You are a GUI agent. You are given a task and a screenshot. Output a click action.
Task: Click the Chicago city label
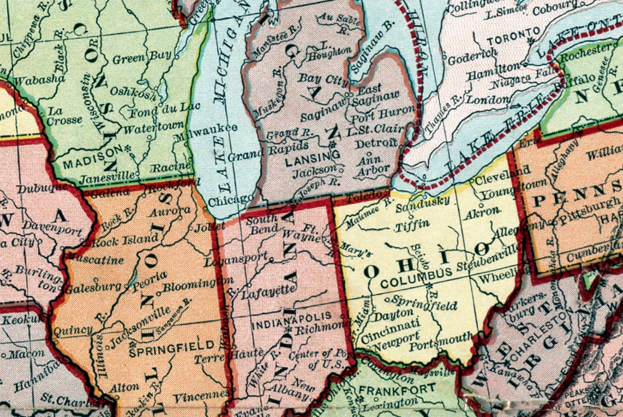(x=230, y=201)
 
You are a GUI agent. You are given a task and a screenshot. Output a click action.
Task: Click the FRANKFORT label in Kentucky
(x=397, y=390)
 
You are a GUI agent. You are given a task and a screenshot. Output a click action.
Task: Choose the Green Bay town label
(x=142, y=57)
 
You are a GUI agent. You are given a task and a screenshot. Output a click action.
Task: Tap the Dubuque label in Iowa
(x=42, y=188)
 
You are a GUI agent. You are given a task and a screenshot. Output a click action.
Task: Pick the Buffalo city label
(x=576, y=84)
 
